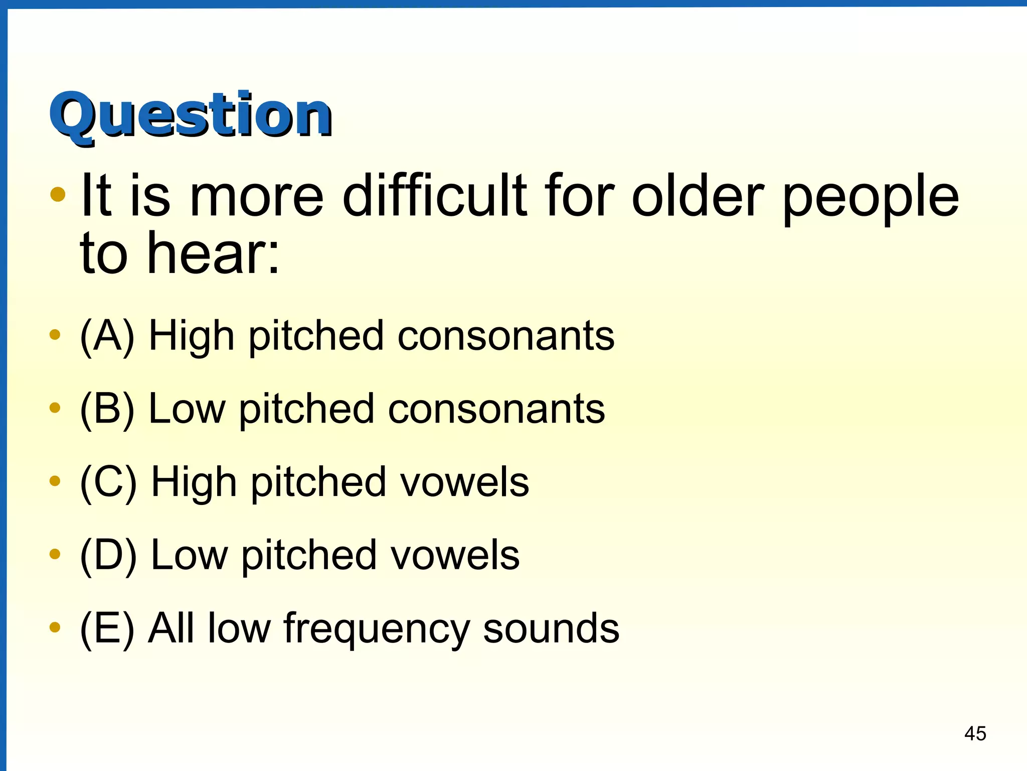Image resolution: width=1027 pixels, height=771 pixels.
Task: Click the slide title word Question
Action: pos(191,115)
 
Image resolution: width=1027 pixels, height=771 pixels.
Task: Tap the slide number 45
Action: pos(975,733)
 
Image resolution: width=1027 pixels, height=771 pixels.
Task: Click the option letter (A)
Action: pos(107,336)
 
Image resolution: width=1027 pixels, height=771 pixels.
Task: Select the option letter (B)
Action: pos(107,409)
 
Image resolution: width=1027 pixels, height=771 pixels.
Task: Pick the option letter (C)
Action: pos(108,482)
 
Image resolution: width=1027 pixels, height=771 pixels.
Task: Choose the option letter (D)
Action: pos(108,555)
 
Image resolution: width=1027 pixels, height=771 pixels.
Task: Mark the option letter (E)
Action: pos(107,628)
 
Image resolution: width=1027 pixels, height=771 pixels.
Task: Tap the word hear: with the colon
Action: pos(213,253)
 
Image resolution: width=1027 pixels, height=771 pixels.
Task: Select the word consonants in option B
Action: pos(496,409)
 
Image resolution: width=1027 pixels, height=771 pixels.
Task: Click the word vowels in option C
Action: pos(464,482)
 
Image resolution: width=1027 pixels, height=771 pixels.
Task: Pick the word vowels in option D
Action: pos(454,555)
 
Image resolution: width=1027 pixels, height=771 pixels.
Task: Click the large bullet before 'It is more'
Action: pos(58,194)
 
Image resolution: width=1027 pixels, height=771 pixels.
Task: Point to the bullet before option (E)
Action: pos(55,627)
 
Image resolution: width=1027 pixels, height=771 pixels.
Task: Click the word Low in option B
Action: pos(187,409)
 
